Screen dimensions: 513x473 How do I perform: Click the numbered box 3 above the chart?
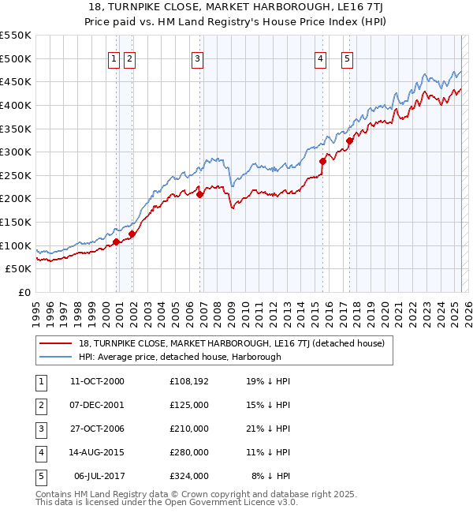coord(197,58)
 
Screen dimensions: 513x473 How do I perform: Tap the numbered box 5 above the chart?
coord(347,58)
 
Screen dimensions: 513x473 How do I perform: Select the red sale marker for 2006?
coord(200,194)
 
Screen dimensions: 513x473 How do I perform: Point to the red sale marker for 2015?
coord(322,161)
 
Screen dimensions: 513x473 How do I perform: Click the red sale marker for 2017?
coord(349,140)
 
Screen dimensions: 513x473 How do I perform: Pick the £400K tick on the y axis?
coord(17,105)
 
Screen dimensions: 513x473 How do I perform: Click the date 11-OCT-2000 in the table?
coord(97,381)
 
